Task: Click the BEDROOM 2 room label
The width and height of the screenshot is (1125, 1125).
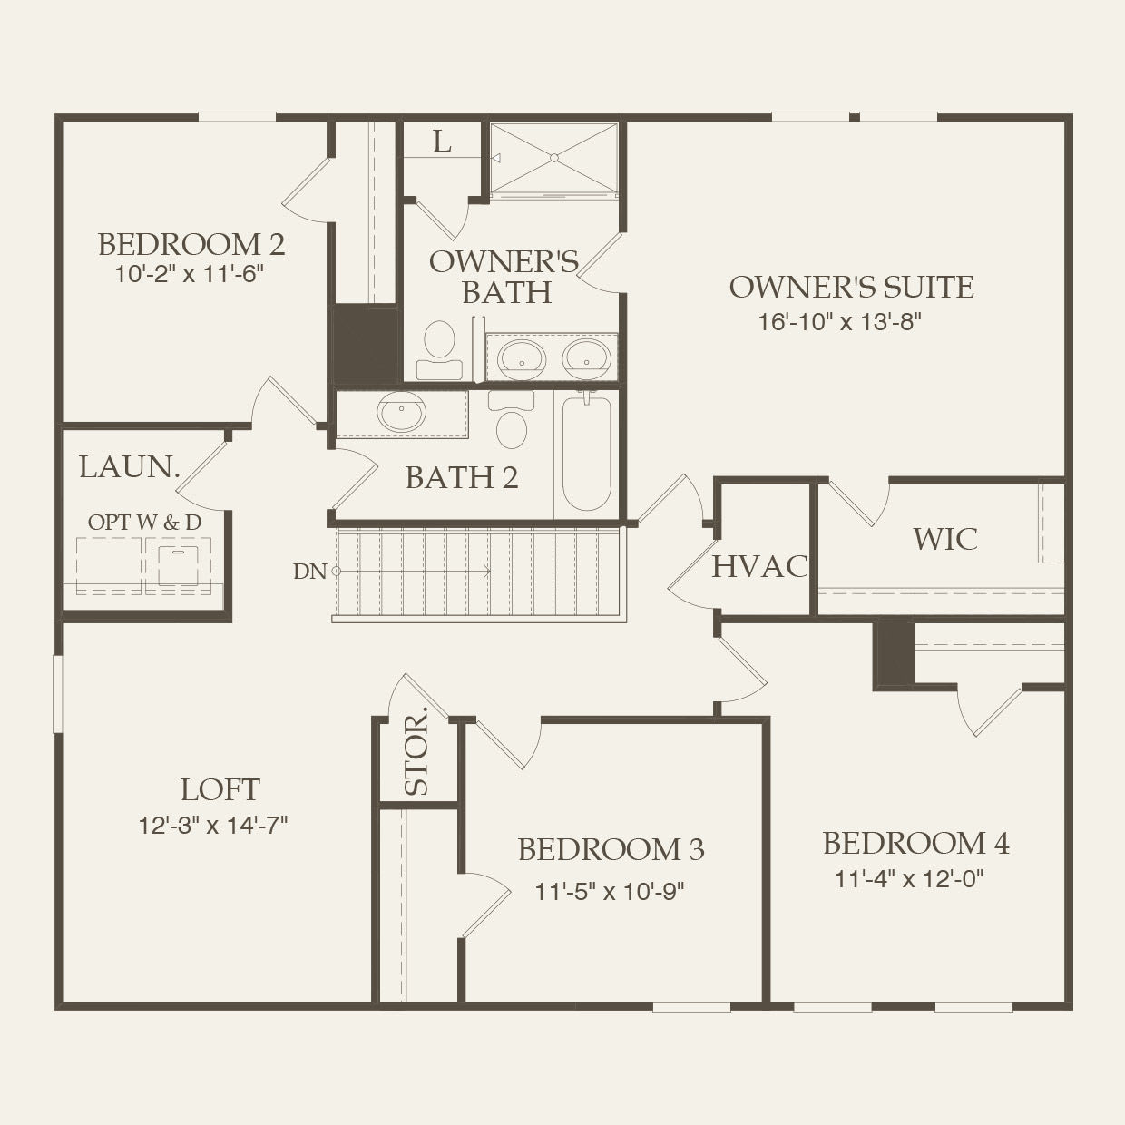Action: [x=191, y=244]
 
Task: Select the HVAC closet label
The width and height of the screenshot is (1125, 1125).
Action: [x=759, y=566]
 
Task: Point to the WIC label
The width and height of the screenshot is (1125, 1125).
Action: [x=945, y=539]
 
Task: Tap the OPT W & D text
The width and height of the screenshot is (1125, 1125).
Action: [x=144, y=523]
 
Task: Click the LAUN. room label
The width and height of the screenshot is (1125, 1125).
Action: [x=130, y=467]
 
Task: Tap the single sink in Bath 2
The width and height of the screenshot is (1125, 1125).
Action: [x=402, y=414]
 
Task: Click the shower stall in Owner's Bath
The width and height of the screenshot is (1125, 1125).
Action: [x=553, y=159]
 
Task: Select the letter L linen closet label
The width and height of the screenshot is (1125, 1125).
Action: [x=442, y=142]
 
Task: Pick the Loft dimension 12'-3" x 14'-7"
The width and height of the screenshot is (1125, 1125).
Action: [x=213, y=825]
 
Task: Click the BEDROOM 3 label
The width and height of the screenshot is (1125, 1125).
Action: [x=611, y=849]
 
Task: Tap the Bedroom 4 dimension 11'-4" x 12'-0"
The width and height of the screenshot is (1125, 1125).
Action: [x=909, y=878]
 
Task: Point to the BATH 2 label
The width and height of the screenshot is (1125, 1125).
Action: [x=462, y=477]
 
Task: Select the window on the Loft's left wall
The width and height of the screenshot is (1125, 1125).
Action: [x=58, y=692]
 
